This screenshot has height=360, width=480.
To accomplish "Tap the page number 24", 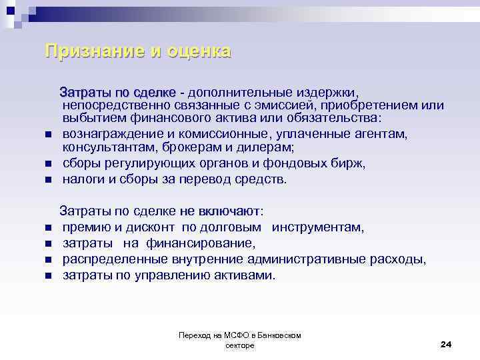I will pos(446,344).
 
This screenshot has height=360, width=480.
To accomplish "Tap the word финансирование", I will pos(199,243).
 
